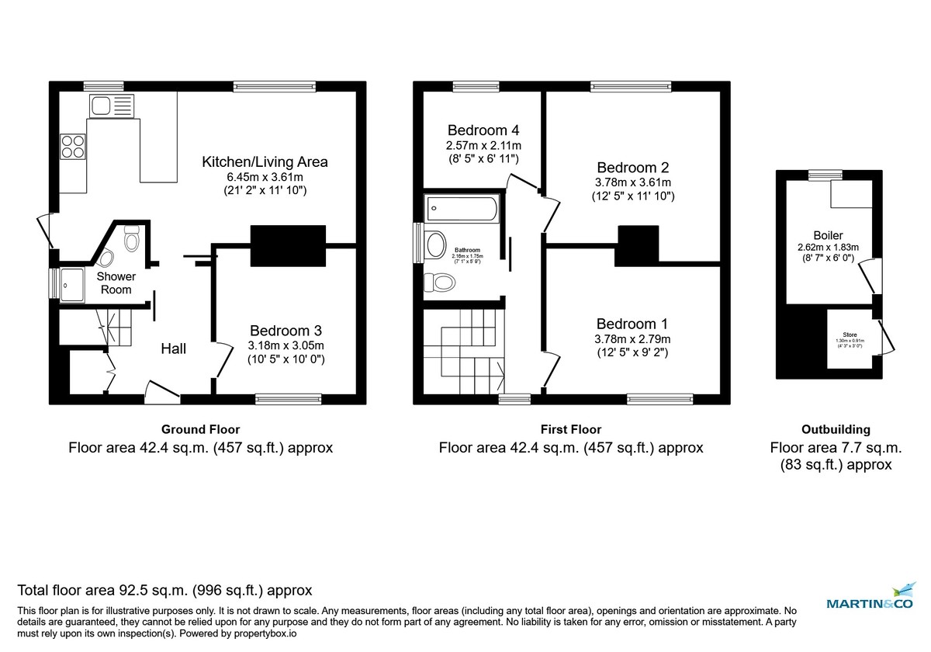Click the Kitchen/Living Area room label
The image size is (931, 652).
[x=265, y=162]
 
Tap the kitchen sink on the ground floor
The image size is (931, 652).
[x=102, y=105]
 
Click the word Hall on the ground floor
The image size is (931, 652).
[x=173, y=349]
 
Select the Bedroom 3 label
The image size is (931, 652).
[x=286, y=331]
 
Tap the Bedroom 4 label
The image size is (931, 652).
[x=483, y=130]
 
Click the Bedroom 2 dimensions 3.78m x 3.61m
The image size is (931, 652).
[x=632, y=182]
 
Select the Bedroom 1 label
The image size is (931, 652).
[x=632, y=324]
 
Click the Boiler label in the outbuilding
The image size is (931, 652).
[x=828, y=235]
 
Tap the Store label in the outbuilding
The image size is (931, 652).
[x=851, y=335]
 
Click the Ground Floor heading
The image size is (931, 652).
[x=200, y=429]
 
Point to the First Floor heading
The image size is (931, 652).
[x=570, y=429]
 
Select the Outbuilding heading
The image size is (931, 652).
[x=835, y=429]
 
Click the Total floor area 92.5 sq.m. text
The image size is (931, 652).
[x=164, y=590]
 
